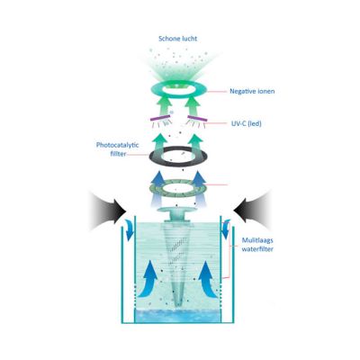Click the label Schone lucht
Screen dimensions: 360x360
tap(178, 39)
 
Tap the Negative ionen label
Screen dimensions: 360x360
tap(252, 91)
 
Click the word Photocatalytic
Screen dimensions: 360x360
tap(118, 145)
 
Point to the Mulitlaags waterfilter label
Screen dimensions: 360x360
tap(257, 245)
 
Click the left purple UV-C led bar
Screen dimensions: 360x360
tap(160, 119)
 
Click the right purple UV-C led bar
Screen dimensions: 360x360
tap(197, 119)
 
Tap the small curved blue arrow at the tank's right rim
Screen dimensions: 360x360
tap(225, 229)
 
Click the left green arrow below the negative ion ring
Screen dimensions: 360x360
tap(164, 107)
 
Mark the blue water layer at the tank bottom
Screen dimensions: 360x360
tap(177, 316)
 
